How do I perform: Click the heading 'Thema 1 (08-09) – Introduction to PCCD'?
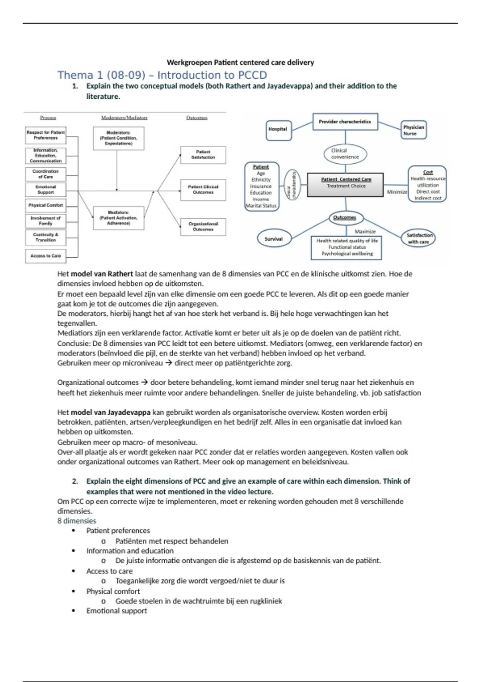coord(162,75)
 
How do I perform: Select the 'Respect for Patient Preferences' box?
coord(45,135)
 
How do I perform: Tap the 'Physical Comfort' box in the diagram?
coord(45,205)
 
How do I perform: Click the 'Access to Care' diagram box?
coord(45,256)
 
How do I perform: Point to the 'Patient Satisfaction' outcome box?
coord(203,155)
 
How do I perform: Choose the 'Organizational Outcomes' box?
coord(203,227)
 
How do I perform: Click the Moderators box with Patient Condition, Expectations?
coord(118,138)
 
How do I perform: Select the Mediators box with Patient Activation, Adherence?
coord(118,218)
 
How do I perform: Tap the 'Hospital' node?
coord(278,130)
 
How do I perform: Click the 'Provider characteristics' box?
coord(345,122)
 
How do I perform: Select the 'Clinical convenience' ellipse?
coord(345,154)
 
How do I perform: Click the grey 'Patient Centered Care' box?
coord(345,185)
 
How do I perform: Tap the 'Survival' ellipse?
coord(273,239)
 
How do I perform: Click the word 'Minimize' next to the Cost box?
coord(397,192)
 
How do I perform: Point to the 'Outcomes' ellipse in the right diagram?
coord(345,218)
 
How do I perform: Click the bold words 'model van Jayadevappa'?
coord(111,412)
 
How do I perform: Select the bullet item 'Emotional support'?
coord(117,611)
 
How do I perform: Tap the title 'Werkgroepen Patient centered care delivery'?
coord(240,63)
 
